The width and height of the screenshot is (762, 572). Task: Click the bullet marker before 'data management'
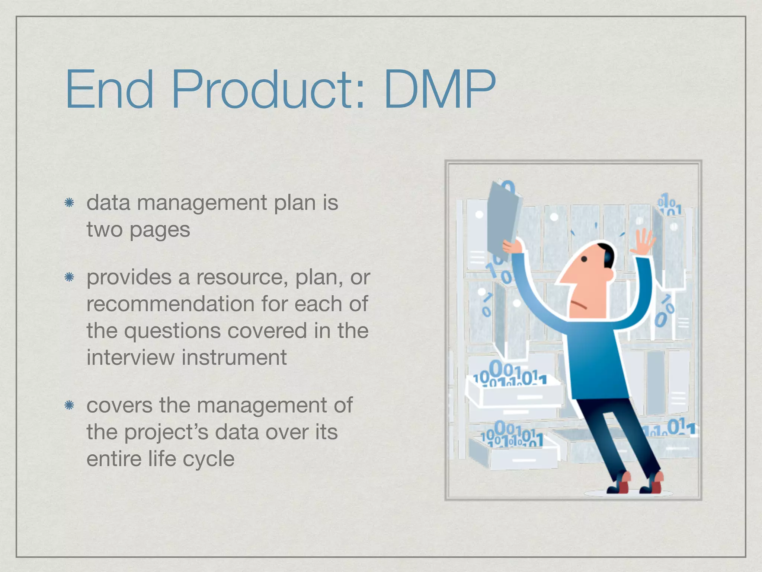(x=69, y=203)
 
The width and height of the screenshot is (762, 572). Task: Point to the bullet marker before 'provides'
(x=69, y=277)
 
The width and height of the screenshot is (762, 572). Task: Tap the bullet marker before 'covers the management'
(x=69, y=405)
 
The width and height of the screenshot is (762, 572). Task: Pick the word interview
(x=131, y=357)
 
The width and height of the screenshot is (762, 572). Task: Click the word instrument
(x=234, y=357)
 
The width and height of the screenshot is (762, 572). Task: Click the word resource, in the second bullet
(x=242, y=278)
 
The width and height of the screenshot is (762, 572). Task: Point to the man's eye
(x=584, y=259)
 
